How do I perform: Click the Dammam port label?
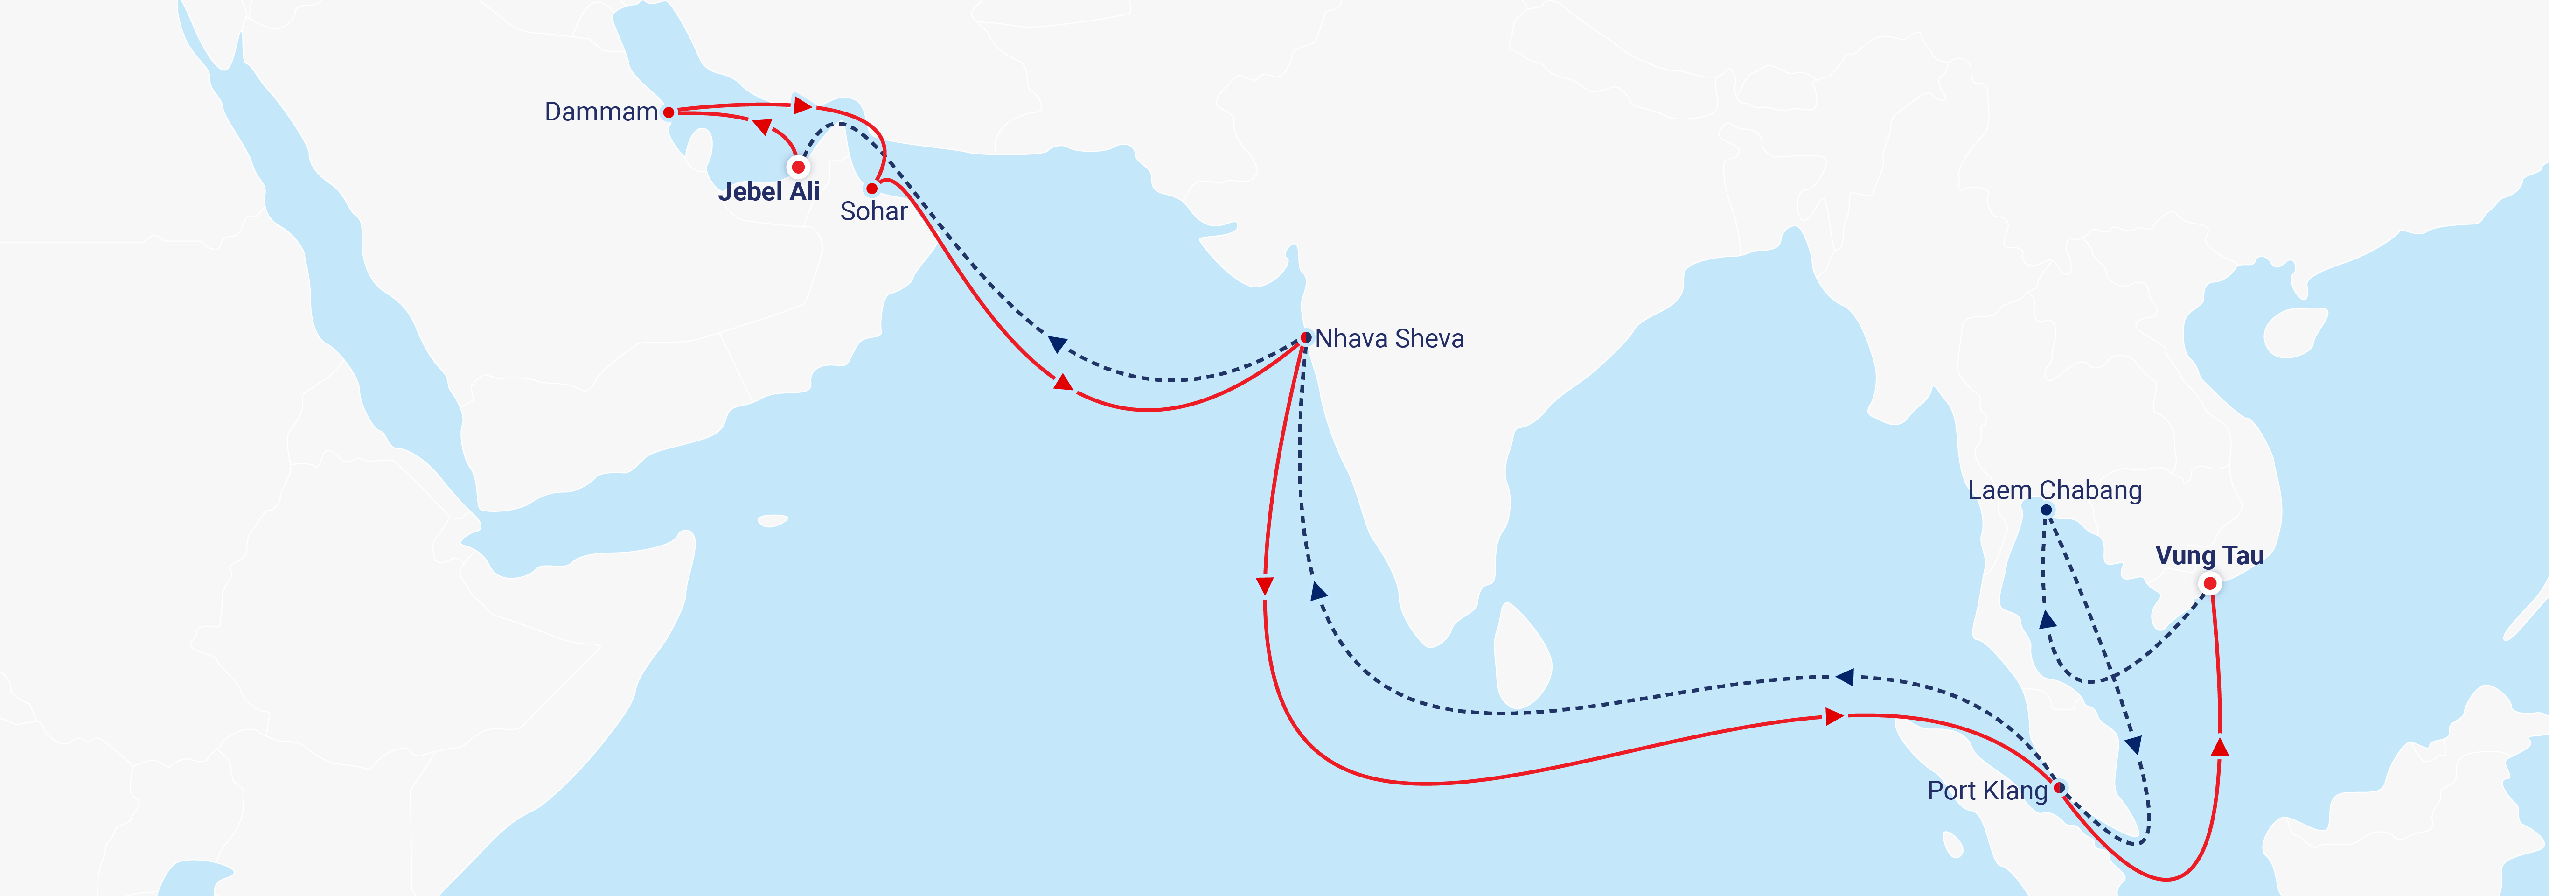(x=601, y=112)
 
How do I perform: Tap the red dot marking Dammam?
(x=669, y=113)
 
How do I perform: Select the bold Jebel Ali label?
(x=769, y=192)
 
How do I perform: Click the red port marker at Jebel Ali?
(x=798, y=168)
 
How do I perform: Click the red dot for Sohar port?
(x=872, y=188)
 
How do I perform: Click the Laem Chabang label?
(x=2054, y=490)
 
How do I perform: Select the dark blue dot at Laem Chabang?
(x=2046, y=510)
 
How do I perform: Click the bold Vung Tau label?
(x=2208, y=555)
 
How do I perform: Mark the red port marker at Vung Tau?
(x=2209, y=584)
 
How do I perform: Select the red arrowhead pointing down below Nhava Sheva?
(x=1265, y=586)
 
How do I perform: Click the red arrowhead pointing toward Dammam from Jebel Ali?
(x=763, y=127)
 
